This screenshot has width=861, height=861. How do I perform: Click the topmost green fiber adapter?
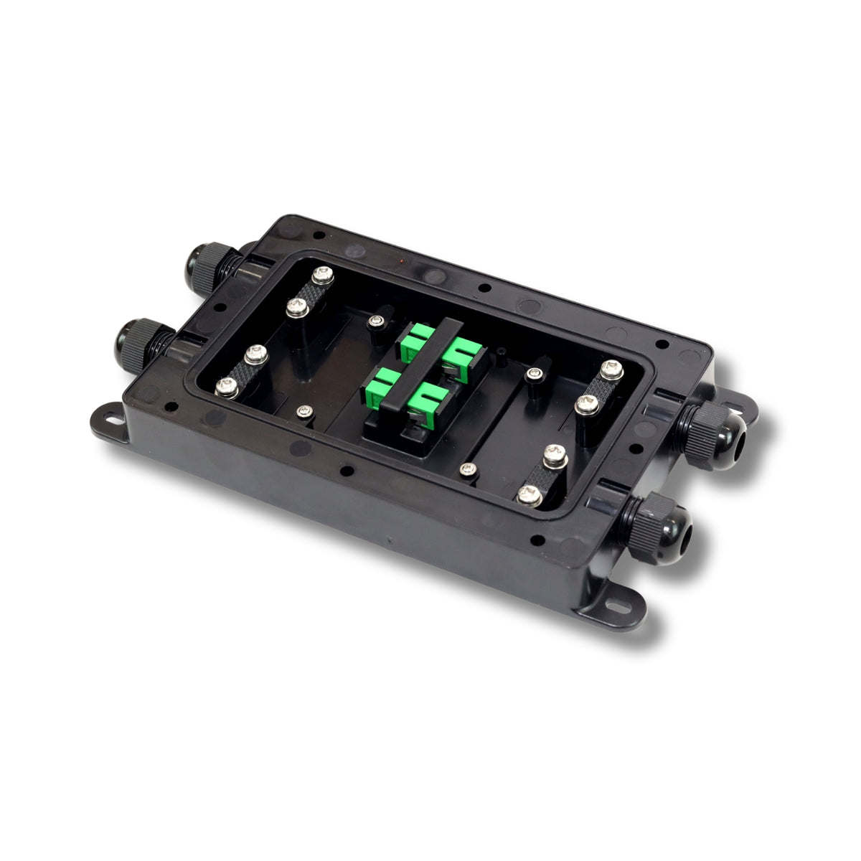coord(417,337)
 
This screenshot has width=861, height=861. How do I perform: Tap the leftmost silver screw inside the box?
coord(227,387)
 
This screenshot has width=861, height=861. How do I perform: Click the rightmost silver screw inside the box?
coord(611,370)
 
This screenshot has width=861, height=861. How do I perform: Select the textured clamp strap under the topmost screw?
coord(311,291)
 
